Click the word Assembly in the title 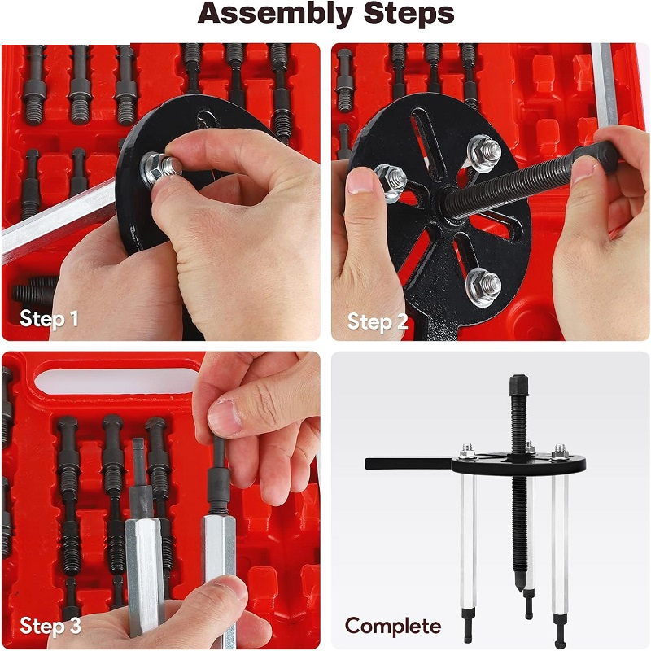coord(276,14)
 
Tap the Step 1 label coord(49,319)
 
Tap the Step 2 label coord(378,321)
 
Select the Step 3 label coord(50,626)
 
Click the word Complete coord(393,627)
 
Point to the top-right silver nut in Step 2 coord(485,154)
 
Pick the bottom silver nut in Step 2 coord(483,287)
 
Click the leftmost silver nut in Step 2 coord(391,182)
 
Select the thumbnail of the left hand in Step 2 coord(360,181)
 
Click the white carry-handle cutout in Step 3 coord(117,379)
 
